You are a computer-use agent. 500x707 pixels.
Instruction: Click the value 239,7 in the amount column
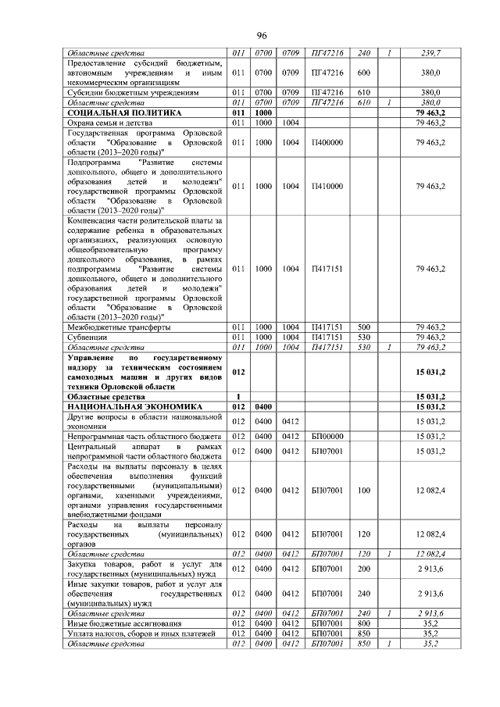click(x=430, y=52)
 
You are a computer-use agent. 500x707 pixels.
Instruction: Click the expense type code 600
click(x=363, y=73)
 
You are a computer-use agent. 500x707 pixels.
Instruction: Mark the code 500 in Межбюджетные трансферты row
click(x=363, y=327)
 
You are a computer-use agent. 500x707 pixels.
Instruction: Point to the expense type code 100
click(x=363, y=490)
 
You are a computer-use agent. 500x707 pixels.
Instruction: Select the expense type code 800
click(x=363, y=623)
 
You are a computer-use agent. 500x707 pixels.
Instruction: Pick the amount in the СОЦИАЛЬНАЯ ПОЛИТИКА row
click(x=430, y=112)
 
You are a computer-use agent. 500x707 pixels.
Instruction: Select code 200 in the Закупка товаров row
click(x=363, y=570)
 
